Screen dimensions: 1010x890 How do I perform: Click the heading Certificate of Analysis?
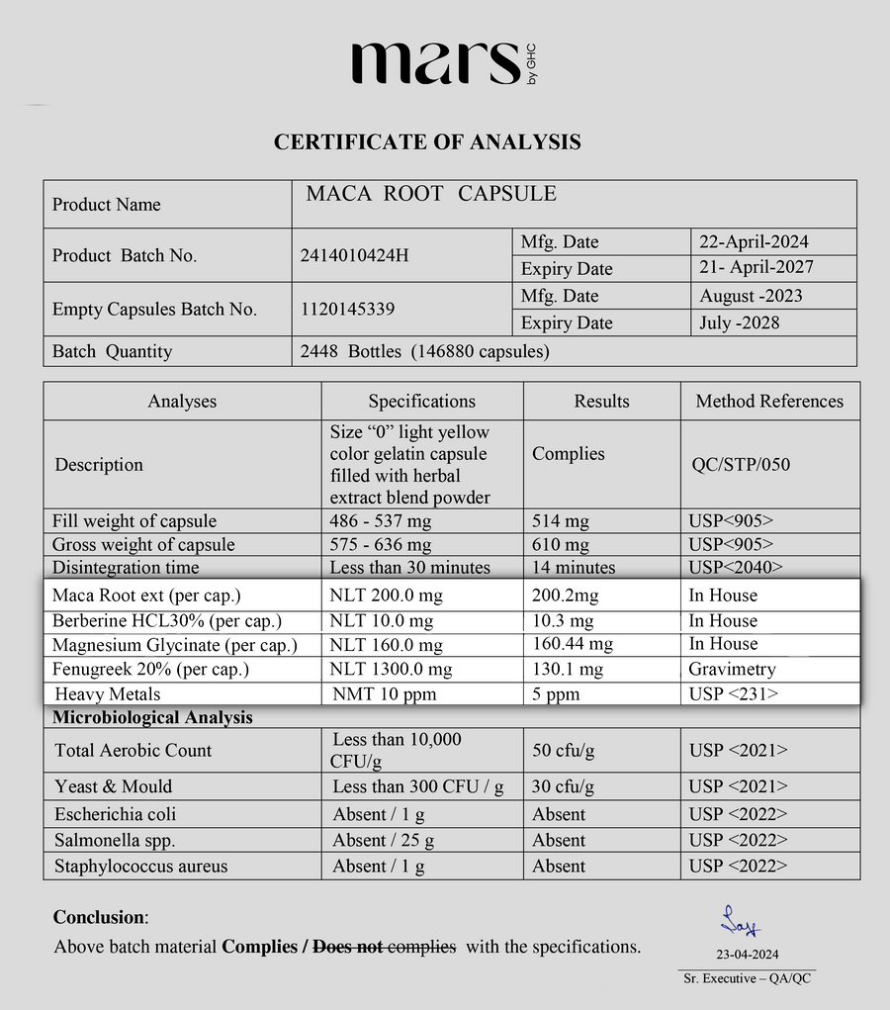point(427,142)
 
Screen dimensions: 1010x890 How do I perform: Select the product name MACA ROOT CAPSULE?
point(431,194)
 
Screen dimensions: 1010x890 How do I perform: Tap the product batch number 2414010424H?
point(353,256)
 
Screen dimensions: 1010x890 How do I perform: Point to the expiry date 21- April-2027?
point(756,268)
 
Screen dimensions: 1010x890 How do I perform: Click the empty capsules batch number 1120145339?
point(347,310)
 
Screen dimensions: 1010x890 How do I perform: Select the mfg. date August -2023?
point(751,296)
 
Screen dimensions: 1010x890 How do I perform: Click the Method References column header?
point(769,402)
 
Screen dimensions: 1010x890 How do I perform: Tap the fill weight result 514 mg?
point(561,521)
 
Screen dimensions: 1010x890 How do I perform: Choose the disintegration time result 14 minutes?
point(574,568)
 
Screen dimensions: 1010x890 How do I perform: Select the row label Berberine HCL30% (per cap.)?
point(167,621)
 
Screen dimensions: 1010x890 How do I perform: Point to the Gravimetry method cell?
point(732,670)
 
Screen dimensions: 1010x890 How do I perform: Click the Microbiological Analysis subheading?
point(152,718)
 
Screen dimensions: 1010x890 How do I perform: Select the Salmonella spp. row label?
point(115,840)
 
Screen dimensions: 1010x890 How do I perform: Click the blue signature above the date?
point(740,921)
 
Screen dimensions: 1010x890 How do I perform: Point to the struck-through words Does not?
point(347,947)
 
